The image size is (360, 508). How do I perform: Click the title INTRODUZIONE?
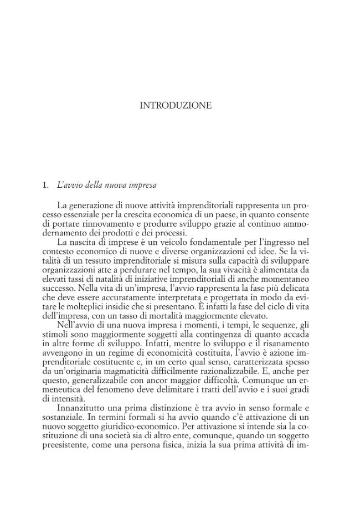click(x=176, y=106)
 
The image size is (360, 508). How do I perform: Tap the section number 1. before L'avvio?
click(x=46, y=184)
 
